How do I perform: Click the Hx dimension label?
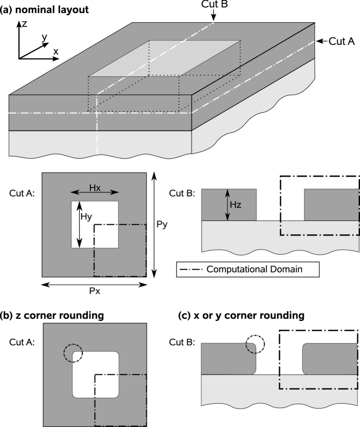(x=95, y=187)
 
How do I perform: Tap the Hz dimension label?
(x=235, y=205)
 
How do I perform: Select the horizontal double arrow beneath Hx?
(x=95, y=192)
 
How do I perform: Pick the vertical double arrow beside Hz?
(x=227, y=205)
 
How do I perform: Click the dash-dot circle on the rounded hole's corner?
(x=73, y=354)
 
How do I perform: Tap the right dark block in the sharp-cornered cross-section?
(x=331, y=205)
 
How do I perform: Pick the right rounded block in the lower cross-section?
(x=330, y=359)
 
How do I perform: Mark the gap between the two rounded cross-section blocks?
(x=279, y=359)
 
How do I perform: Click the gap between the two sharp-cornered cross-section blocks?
(x=280, y=205)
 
